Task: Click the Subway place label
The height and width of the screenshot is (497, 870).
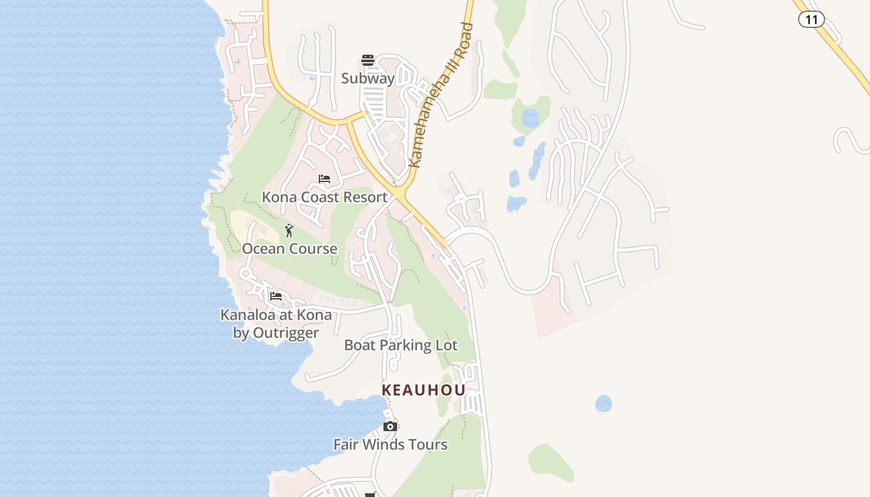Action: pyautogui.click(x=368, y=78)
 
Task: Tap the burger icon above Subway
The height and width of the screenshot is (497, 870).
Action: pyautogui.click(x=368, y=60)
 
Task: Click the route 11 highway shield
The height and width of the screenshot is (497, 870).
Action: pyautogui.click(x=811, y=19)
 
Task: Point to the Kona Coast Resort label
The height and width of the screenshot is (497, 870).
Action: pyautogui.click(x=324, y=197)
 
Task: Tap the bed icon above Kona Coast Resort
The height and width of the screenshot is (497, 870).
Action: pyautogui.click(x=324, y=179)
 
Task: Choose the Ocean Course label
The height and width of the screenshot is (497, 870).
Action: pyautogui.click(x=290, y=248)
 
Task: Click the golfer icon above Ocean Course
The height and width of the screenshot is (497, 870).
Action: pyautogui.click(x=289, y=230)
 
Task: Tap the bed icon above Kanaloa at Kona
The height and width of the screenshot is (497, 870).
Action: pyautogui.click(x=276, y=296)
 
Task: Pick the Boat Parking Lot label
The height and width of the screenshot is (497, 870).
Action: pyautogui.click(x=401, y=345)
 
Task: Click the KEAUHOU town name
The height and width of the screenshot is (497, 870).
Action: pyautogui.click(x=423, y=390)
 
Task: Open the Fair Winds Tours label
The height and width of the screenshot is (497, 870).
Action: pyautogui.click(x=390, y=444)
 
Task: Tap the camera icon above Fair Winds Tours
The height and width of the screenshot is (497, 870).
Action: pyautogui.click(x=390, y=426)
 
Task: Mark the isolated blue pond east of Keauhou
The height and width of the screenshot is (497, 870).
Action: pyautogui.click(x=603, y=404)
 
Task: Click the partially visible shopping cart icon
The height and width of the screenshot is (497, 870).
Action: pyautogui.click(x=371, y=495)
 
